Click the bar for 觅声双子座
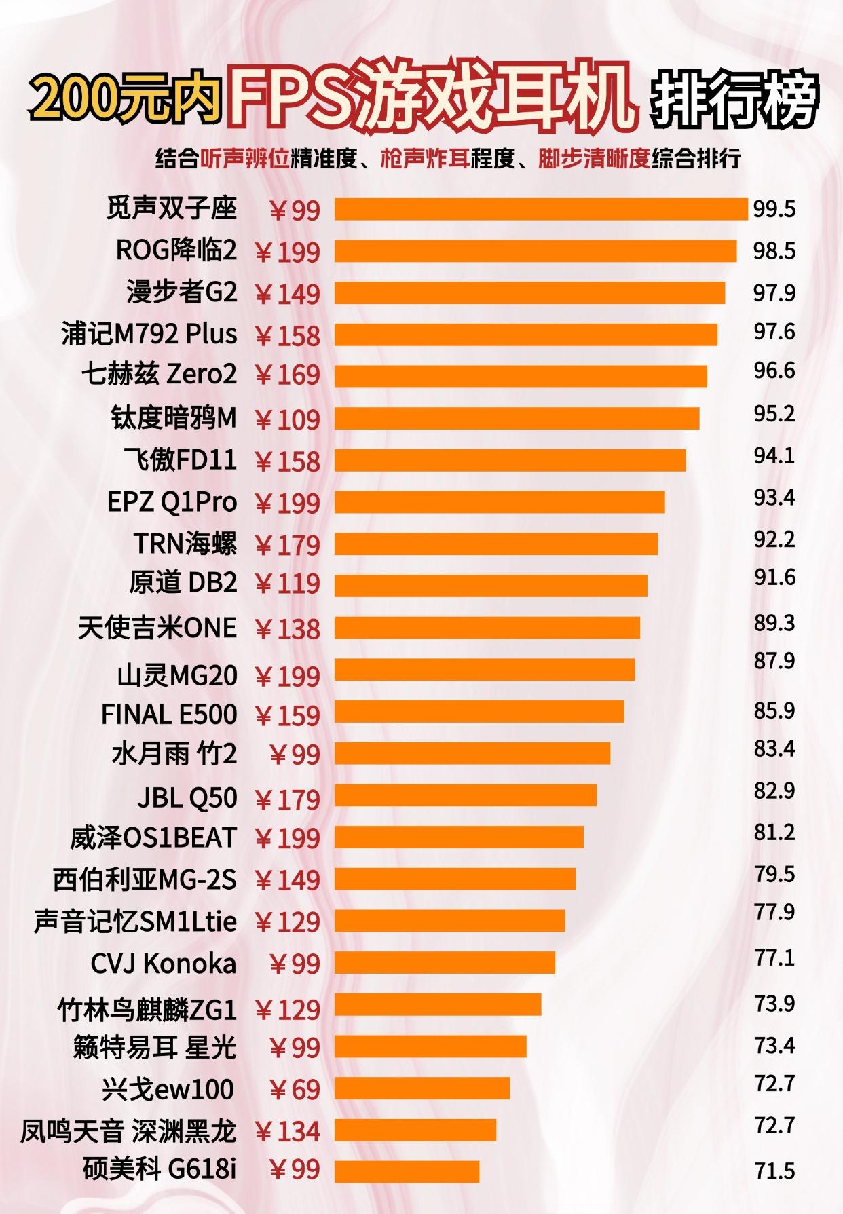541,209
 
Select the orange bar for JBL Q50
466,795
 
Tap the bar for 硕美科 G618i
407,1171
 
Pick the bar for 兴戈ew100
422,1088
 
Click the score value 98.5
774,251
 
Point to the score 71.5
774,1171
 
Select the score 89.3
774,623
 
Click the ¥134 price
287,1131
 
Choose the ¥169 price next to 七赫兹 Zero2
287,375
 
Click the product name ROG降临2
176,250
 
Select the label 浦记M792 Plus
149,334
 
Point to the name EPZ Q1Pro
172,502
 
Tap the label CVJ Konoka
163,964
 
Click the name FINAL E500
169,715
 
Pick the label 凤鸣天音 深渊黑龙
128,1131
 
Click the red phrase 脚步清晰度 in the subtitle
594,159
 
